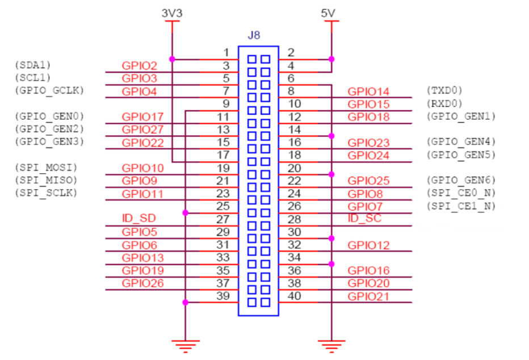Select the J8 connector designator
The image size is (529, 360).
click(x=254, y=35)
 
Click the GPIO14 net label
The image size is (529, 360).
click(x=368, y=91)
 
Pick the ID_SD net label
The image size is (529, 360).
click(x=138, y=219)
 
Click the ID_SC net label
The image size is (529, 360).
click(x=364, y=219)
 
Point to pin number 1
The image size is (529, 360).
click(x=225, y=53)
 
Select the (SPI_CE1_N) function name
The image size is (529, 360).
click(x=460, y=206)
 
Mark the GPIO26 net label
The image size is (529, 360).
click(x=139, y=283)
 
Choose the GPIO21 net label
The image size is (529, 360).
click(x=368, y=296)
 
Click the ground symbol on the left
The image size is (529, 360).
click(x=185, y=344)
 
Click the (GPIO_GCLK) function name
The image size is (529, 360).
click(x=48, y=90)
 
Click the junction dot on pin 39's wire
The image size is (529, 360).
click(x=185, y=303)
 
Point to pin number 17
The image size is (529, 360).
click(x=223, y=155)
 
